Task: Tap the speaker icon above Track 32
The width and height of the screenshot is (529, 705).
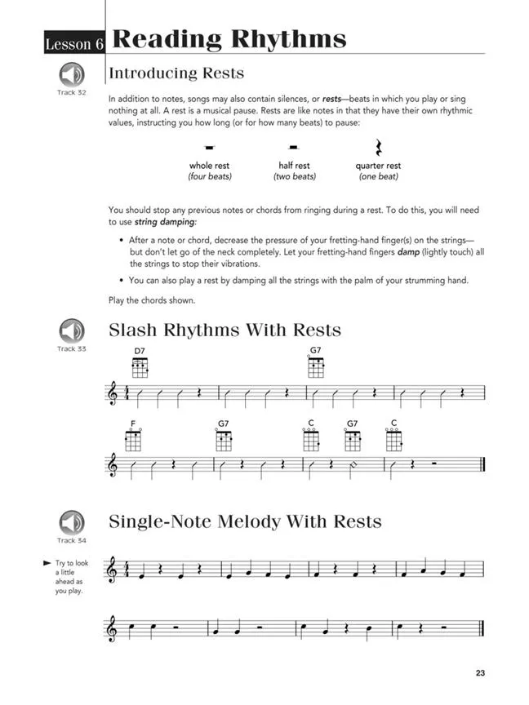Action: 71,76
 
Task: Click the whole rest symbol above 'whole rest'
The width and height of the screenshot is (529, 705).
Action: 210,148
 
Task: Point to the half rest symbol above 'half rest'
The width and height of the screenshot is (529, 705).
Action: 295,148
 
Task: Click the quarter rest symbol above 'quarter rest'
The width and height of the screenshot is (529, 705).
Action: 378,147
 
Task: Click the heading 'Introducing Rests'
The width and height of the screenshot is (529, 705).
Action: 176,73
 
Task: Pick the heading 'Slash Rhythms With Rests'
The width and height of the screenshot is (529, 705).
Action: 224,330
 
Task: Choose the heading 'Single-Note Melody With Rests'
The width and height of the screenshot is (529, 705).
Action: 245,521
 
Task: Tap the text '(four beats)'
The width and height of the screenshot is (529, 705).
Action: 210,177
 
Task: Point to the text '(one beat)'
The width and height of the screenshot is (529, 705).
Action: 378,177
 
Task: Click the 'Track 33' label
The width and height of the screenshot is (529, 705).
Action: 71,349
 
